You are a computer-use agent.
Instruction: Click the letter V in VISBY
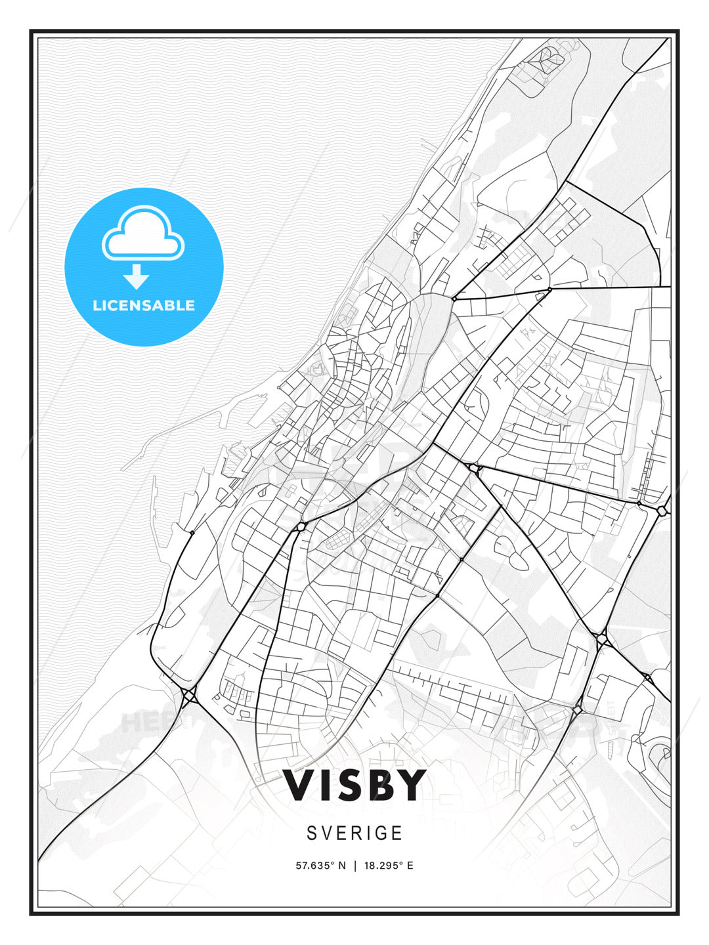tap(299, 785)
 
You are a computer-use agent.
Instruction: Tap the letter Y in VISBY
tap(412, 785)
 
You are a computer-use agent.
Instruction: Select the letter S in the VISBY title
tap(348, 785)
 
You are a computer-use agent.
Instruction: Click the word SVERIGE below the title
tap(354, 833)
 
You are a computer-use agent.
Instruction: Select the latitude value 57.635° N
tap(320, 866)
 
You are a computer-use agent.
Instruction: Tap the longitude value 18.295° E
tap(389, 866)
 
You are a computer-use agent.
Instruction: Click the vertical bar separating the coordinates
tap(355, 866)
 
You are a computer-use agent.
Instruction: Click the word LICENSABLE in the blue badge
tap(144, 305)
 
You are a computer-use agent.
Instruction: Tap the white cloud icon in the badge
tap(143, 234)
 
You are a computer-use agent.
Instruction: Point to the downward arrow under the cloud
tap(136, 277)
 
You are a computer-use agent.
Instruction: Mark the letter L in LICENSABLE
tap(97, 305)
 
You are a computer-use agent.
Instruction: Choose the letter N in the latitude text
tap(342, 866)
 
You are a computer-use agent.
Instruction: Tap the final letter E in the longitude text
tap(410, 866)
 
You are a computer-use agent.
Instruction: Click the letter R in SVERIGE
tap(351, 833)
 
